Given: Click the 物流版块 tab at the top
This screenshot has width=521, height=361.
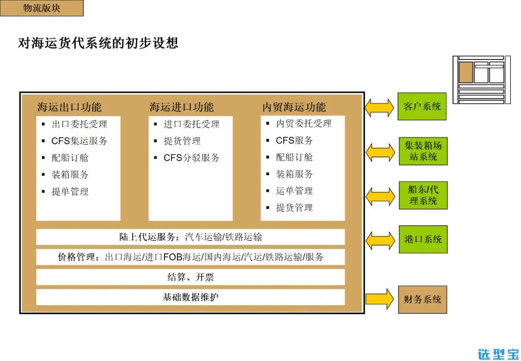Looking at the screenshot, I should [41, 8].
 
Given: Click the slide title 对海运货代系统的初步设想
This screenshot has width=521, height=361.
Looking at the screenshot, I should [98, 43].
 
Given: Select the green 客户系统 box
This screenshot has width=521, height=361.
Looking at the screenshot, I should [422, 107].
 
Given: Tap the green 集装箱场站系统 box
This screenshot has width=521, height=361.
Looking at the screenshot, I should [423, 151].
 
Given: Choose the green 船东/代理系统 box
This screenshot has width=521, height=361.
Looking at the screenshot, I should [423, 195].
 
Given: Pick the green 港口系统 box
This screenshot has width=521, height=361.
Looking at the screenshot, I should [423, 239].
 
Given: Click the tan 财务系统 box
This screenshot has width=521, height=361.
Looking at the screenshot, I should [422, 299].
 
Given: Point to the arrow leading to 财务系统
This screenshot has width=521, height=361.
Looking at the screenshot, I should [380, 299].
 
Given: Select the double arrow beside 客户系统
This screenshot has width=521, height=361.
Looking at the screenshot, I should [380, 108].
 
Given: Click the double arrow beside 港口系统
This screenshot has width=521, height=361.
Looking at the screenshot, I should [380, 240].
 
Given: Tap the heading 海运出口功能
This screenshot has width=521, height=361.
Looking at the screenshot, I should [69, 107].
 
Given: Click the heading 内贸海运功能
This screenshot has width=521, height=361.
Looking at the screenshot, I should [294, 107].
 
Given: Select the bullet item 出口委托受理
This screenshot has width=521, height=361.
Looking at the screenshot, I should [79, 124].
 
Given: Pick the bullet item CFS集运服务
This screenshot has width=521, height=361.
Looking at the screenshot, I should [79, 141].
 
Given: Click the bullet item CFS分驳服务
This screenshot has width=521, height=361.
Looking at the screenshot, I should [191, 158].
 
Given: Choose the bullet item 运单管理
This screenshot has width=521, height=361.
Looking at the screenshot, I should [294, 191].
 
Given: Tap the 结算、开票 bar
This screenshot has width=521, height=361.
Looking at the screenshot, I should [190, 277].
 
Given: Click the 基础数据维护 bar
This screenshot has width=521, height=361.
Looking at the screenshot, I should [190, 297].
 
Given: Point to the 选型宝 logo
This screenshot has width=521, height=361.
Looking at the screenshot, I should [498, 354].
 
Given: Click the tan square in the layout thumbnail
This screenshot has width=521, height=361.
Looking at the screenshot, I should [466, 72].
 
